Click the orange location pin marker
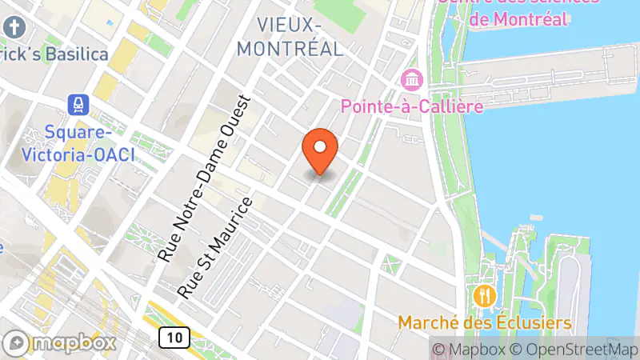tap(320, 150)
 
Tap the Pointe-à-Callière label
tap(412, 106)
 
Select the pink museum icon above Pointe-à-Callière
tap(413, 80)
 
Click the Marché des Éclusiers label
tap(486, 323)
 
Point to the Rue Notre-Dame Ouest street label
tap(204, 179)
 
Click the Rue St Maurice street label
tap(214, 247)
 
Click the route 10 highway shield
tap(174, 338)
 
